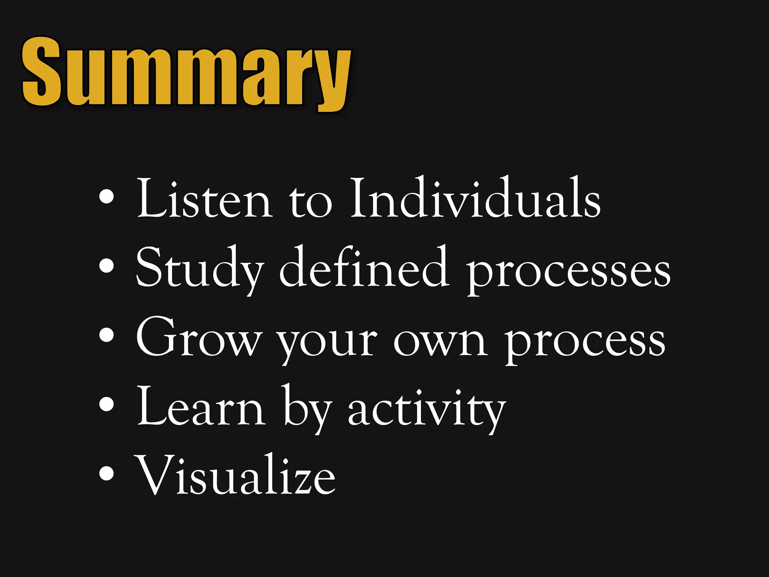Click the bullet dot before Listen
[x=107, y=196]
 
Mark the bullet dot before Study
[x=107, y=266]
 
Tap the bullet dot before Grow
[x=107, y=335]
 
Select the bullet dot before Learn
[x=107, y=404]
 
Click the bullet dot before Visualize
[x=107, y=473]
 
